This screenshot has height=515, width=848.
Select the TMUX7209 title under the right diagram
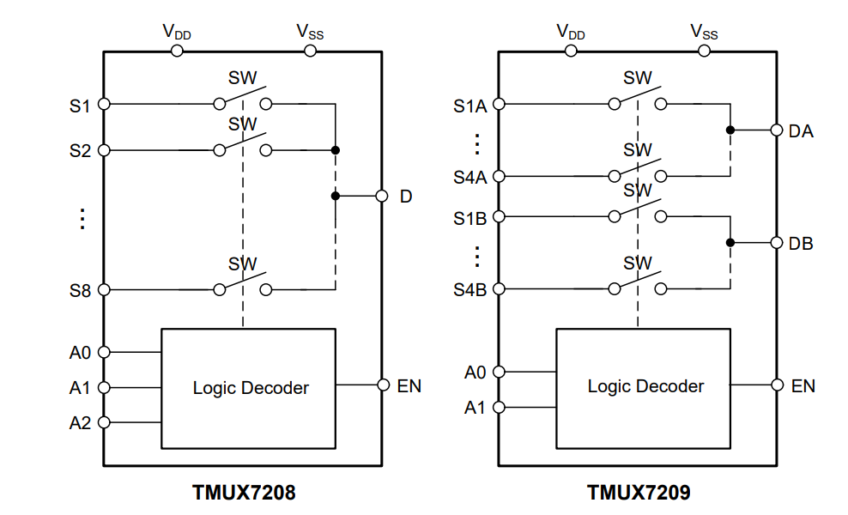point(639,493)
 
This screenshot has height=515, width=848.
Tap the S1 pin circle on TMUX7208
point(104,105)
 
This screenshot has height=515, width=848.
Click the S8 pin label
point(80,290)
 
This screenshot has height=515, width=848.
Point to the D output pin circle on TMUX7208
point(383,197)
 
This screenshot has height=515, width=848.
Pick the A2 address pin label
point(80,422)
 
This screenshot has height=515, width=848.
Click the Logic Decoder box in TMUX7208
point(249,388)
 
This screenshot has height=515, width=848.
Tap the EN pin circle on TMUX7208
point(383,385)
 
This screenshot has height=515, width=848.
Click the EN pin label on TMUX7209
point(803,386)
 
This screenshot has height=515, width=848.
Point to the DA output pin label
point(801,131)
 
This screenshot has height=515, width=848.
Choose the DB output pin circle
point(777,243)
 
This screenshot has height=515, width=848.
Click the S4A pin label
point(469,178)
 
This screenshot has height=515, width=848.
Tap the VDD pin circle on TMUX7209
point(571,51)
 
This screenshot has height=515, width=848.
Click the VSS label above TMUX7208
point(310,33)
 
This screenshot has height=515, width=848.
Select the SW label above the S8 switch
point(242,264)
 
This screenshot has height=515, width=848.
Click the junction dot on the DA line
point(730,130)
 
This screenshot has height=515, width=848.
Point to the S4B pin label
point(469,290)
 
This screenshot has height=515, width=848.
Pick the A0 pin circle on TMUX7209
point(499,373)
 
